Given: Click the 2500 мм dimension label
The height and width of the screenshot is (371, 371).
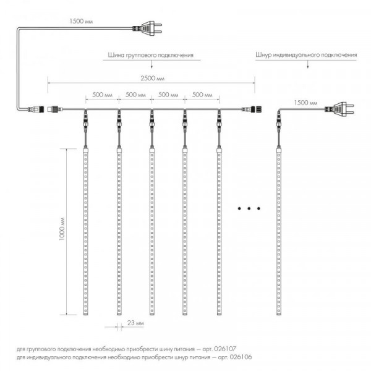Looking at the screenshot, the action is pos(152,78).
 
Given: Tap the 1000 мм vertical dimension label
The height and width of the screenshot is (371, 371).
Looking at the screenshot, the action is pos(62,229).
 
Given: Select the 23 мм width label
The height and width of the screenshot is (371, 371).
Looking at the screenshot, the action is pos(135,323).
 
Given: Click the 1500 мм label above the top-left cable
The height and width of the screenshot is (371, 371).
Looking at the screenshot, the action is pos(81,21).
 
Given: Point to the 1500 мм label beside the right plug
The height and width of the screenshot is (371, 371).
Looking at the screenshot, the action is pos(305,103).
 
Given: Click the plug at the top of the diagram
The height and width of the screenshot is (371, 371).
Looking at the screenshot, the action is pos(147,28).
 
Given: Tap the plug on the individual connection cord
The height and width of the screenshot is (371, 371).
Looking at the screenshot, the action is pos(339,109).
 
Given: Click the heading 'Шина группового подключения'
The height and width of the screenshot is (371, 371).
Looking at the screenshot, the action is pos(151,55).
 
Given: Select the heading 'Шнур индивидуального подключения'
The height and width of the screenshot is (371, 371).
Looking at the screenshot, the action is pos(306,55).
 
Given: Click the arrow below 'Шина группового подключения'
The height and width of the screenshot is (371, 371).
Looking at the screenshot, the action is pos(151,64).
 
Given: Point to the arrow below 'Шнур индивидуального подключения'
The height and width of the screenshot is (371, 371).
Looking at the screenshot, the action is pos(307,64).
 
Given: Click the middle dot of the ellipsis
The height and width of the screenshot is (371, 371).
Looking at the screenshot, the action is pos(249,208).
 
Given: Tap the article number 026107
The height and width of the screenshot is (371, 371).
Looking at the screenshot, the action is pos(225,349).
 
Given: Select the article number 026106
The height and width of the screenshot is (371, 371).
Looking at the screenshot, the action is pos(241,357).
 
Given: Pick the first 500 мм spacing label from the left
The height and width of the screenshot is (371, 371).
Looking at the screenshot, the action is pos(102,95).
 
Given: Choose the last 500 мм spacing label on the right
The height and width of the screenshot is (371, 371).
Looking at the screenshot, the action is pos(202,95).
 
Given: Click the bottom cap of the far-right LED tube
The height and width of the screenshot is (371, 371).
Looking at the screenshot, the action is pos(279,313).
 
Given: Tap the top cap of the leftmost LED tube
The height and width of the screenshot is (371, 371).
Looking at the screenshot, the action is pos(86,150).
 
